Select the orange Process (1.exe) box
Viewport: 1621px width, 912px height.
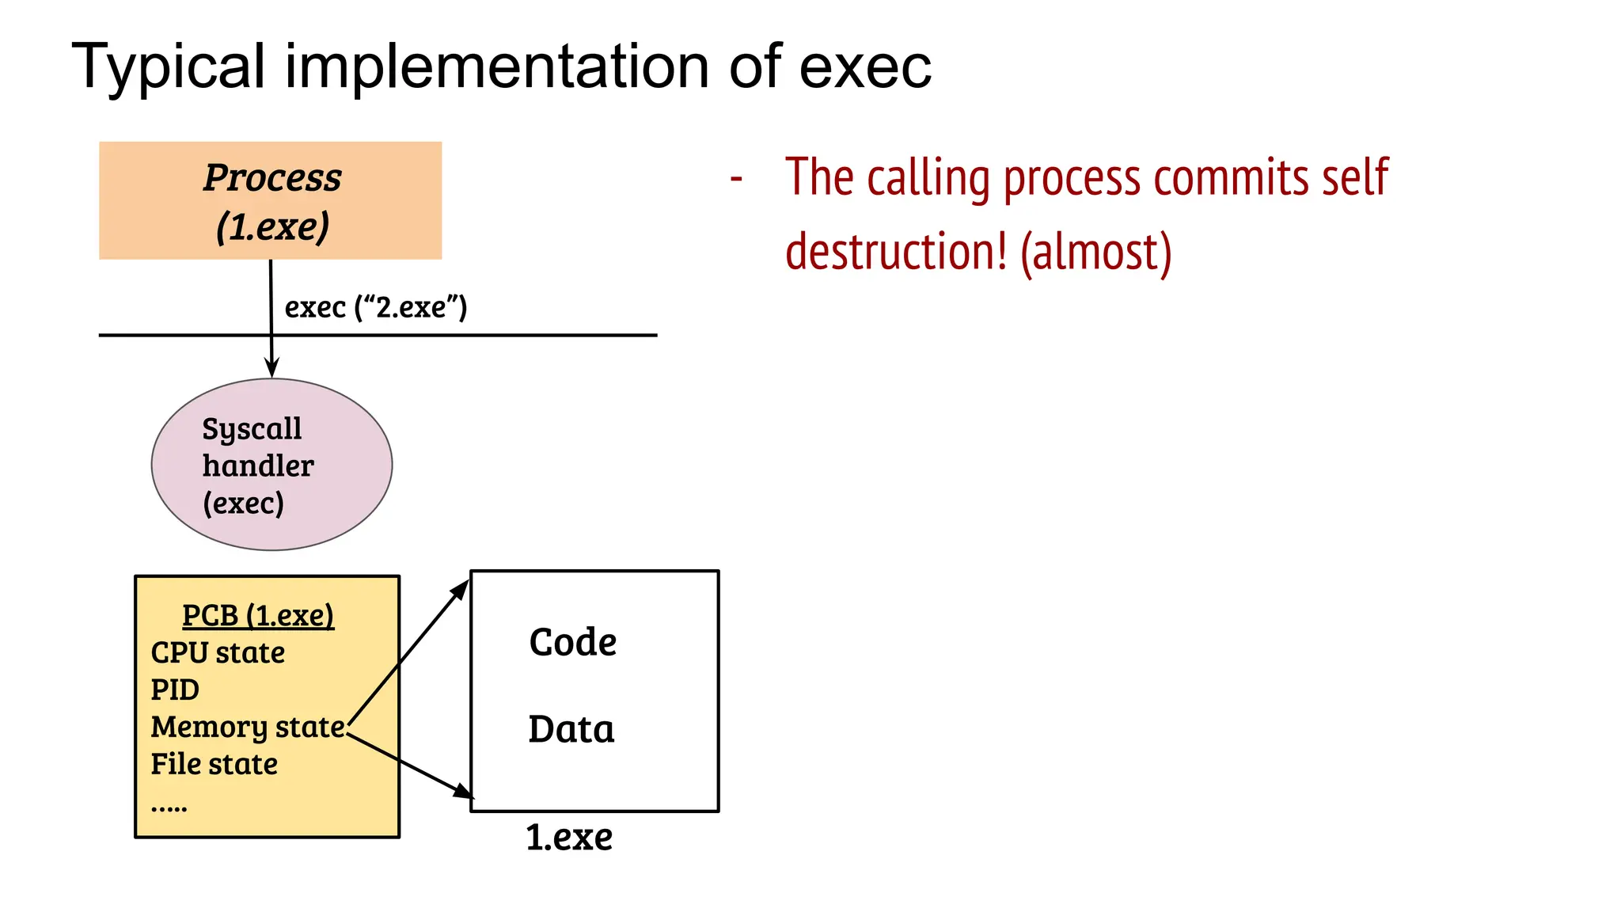tap(270, 200)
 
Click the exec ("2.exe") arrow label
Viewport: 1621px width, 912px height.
tap(376, 307)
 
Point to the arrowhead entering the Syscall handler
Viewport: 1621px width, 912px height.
tap(271, 369)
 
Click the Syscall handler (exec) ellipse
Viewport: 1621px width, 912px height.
tap(271, 465)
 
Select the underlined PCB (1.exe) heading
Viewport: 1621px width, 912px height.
tap(258, 615)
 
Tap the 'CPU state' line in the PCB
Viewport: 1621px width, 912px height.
tap(218, 652)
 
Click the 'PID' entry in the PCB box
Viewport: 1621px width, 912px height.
tap(175, 690)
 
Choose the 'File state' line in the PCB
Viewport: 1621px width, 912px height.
tap(214, 764)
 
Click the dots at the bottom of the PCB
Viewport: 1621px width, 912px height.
tap(169, 808)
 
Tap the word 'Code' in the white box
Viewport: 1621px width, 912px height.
tap(572, 642)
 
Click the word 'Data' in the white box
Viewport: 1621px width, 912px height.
tap(571, 729)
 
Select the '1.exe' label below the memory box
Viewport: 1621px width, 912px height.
tap(569, 838)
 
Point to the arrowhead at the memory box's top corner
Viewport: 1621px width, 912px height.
tap(461, 589)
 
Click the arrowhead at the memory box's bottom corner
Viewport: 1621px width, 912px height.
tap(464, 791)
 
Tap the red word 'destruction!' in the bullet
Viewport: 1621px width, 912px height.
tap(897, 252)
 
